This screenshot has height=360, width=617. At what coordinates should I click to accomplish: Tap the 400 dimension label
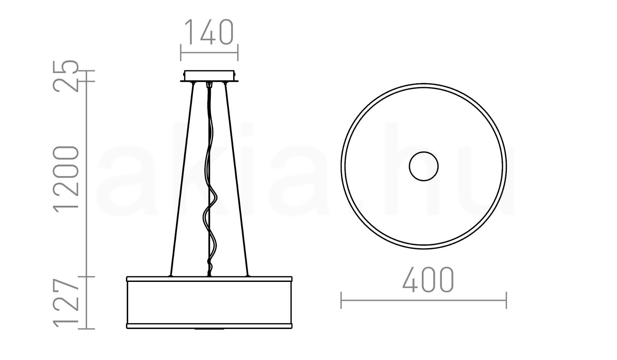coord(428,279)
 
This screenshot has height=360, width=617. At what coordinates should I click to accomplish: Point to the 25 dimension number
coord(66,76)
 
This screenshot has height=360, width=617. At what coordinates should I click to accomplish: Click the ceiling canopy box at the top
coord(209,76)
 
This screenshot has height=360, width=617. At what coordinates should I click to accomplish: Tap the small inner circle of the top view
coord(424,166)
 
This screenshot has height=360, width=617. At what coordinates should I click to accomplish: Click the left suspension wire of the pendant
coord(183,179)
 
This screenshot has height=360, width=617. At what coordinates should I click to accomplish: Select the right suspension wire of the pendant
coord(236,179)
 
